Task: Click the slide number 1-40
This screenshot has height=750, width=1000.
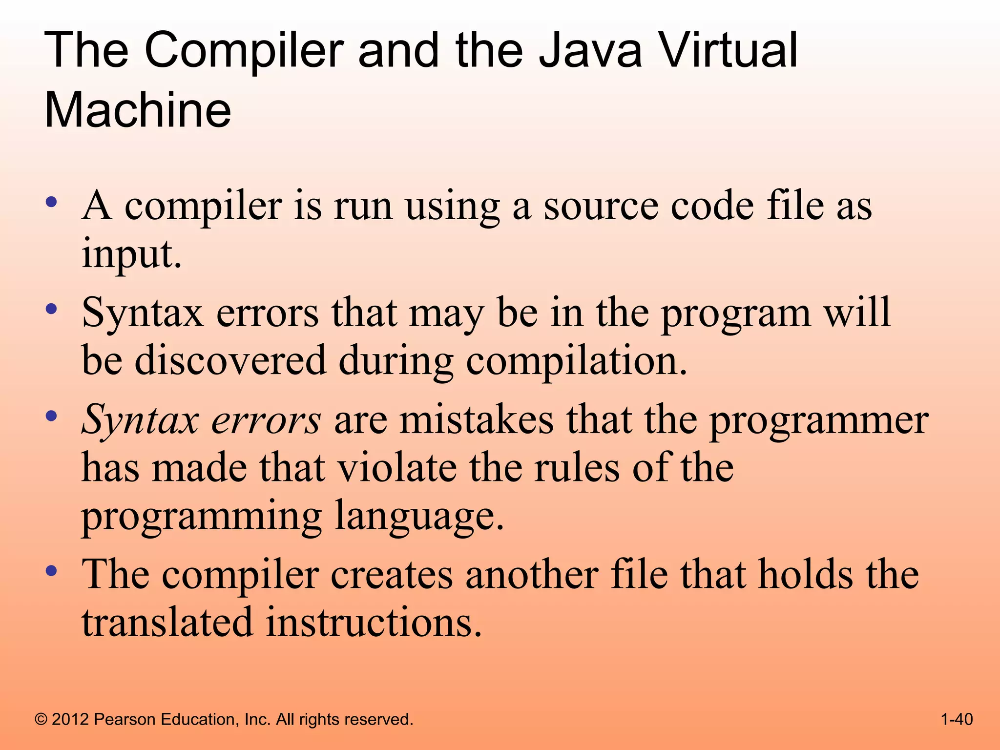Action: click(957, 719)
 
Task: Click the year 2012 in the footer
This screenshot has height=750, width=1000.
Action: click(70, 719)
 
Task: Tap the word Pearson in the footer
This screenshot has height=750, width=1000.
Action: click(124, 719)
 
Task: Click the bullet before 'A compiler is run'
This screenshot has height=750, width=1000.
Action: click(51, 202)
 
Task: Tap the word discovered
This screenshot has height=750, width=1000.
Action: click(230, 360)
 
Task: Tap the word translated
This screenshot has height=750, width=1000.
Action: click(167, 623)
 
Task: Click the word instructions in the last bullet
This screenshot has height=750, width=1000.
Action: click(370, 623)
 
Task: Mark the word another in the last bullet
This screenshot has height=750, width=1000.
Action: click(532, 575)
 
